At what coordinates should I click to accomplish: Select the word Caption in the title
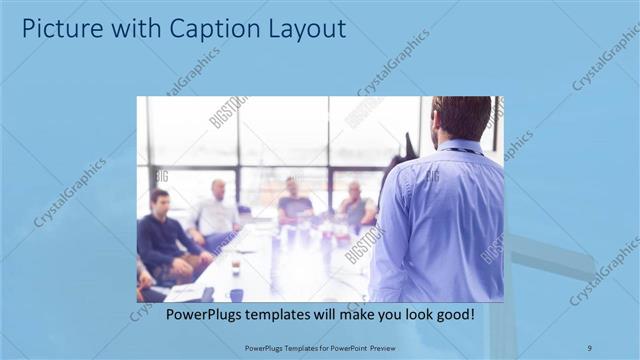coord(197,29)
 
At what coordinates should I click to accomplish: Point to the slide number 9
coord(589,347)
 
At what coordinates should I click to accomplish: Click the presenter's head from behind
coord(461,118)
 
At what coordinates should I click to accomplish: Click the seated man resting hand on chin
coord(354,206)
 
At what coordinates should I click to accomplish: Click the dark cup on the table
coord(236,294)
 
